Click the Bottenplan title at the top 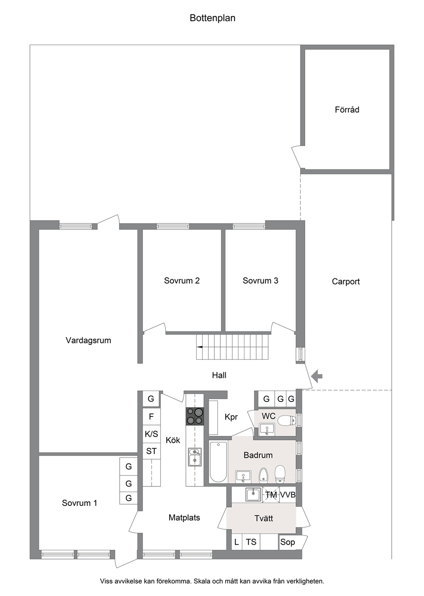point(212,18)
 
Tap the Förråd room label point(347,110)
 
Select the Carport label point(345,282)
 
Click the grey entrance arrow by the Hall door point(316,376)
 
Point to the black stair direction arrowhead point(199,347)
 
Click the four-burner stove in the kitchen point(194,416)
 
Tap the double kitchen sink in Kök point(194,457)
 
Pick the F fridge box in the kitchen point(151,417)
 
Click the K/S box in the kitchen point(151,434)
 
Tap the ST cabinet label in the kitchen point(151,451)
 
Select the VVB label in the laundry point(288,495)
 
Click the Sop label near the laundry point(288,542)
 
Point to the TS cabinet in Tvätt point(251,542)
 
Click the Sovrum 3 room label point(260,281)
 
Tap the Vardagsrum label point(88,341)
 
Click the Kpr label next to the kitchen point(231,417)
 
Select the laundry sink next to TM point(253,495)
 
